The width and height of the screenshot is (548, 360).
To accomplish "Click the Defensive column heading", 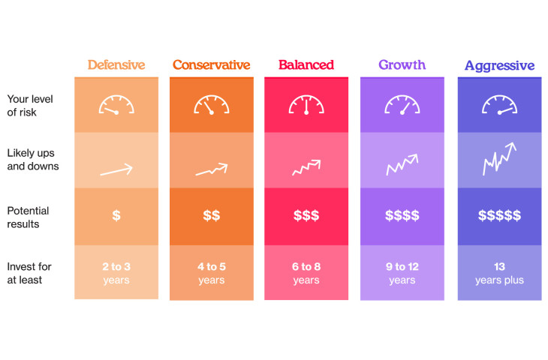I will (116, 64).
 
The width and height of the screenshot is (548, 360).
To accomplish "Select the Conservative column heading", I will (211, 64).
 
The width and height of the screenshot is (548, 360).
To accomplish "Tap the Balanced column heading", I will (306, 64).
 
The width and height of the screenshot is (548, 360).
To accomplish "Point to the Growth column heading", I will (402, 64).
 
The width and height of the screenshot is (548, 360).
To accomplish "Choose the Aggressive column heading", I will (499, 65).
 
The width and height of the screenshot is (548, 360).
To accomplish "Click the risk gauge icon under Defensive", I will (116, 104).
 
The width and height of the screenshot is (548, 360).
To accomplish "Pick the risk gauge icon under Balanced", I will (306, 104).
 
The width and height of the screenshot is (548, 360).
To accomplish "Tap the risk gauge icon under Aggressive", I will (499, 104).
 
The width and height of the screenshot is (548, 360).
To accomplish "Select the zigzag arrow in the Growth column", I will (402, 164).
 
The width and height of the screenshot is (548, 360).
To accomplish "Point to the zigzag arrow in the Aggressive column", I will (499, 158).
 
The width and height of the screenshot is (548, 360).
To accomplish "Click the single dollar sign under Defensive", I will (116, 216).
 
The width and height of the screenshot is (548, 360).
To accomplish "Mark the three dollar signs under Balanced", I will (306, 216).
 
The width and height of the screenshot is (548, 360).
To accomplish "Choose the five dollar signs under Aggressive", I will (499, 216).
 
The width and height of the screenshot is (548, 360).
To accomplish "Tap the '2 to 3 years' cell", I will (116, 273).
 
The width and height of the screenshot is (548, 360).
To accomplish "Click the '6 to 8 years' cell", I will (306, 273).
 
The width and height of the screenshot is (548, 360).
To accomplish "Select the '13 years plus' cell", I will (499, 273).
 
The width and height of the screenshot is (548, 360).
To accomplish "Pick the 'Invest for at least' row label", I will (29, 273).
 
